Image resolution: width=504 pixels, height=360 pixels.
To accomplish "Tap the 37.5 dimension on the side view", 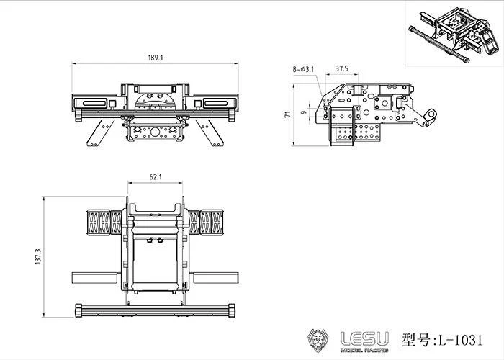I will click(342, 69).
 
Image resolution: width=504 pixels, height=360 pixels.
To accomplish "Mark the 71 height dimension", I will click(287, 114).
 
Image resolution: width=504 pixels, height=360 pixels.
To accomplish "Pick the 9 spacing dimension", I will click(304, 112).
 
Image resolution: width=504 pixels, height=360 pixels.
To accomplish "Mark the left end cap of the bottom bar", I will click(76, 311).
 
